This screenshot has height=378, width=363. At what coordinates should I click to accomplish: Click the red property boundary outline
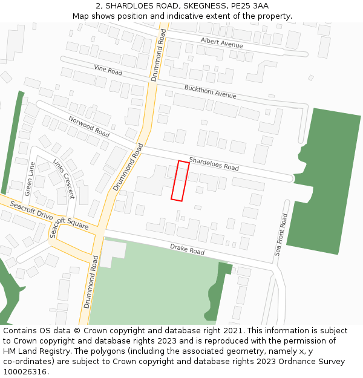click(x=180, y=180)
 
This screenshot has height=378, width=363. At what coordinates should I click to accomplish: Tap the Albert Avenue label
click(x=221, y=43)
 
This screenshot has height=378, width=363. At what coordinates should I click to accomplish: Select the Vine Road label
click(x=108, y=70)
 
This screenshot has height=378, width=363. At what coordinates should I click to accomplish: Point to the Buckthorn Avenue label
click(x=210, y=92)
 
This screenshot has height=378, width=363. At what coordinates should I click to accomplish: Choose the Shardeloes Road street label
click(x=214, y=163)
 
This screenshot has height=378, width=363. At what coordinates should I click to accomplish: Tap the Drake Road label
click(x=187, y=248)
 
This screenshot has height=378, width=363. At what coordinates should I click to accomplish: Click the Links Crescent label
click(x=64, y=179)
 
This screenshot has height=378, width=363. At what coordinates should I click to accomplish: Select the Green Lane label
click(x=29, y=178)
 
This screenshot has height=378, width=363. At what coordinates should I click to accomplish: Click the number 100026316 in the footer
click(x=25, y=372)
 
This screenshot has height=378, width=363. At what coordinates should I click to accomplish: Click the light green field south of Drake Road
click(x=151, y=290)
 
